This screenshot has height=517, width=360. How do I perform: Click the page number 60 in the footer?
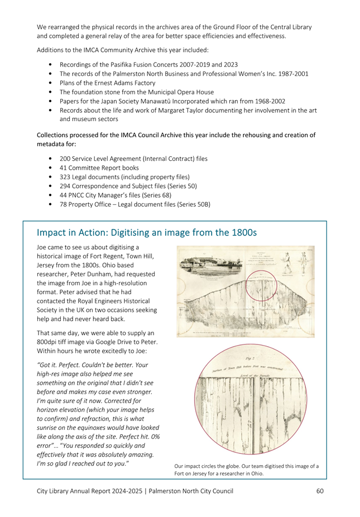coord(319,491)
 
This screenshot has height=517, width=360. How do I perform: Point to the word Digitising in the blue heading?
coord(132,232)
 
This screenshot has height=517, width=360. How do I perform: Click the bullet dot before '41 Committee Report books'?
coord(51,167)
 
